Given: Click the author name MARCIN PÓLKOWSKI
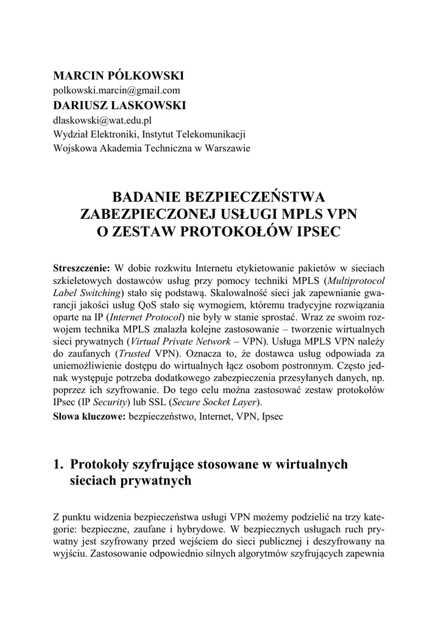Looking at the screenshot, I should (x=118, y=76).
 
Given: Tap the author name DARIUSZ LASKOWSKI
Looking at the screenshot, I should (x=119, y=105).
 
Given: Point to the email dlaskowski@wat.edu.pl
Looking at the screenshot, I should (x=102, y=121).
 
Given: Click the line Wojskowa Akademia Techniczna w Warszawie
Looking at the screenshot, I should (x=151, y=148).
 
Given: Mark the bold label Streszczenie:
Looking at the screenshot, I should (x=82, y=268).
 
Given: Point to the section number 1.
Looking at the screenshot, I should (x=58, y=465).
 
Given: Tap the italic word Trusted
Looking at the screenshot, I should (x=133, y=354).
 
